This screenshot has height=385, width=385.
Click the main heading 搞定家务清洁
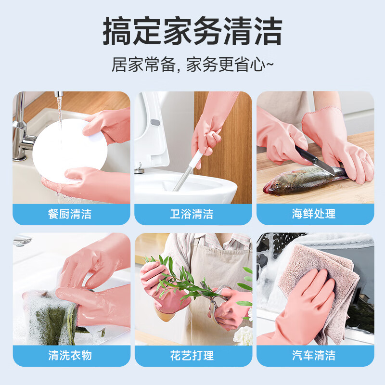pos(192,32)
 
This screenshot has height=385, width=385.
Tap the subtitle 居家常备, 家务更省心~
pos(192,64)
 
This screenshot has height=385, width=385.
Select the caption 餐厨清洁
pos(71,214)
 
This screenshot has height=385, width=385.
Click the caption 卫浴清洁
pos(192,214)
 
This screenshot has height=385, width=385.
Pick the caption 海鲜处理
pos(314,214)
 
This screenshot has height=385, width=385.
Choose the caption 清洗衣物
pos(71,356)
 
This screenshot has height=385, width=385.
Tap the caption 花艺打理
pos(192,356)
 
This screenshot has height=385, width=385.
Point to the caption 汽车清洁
pos(314,356)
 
